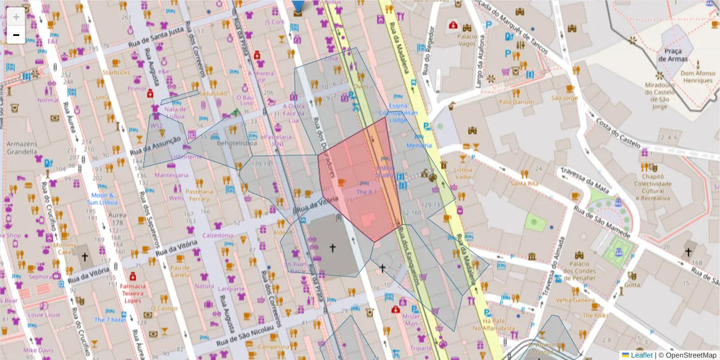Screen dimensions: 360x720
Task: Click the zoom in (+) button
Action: point(16,16)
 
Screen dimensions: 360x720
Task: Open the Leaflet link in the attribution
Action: point(641,355)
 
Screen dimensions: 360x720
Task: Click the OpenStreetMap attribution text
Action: point(690,355)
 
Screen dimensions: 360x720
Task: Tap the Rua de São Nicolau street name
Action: point(241,337)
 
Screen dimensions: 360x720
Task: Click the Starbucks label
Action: point(116,73)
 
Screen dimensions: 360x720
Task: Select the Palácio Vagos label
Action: point(467,40)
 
